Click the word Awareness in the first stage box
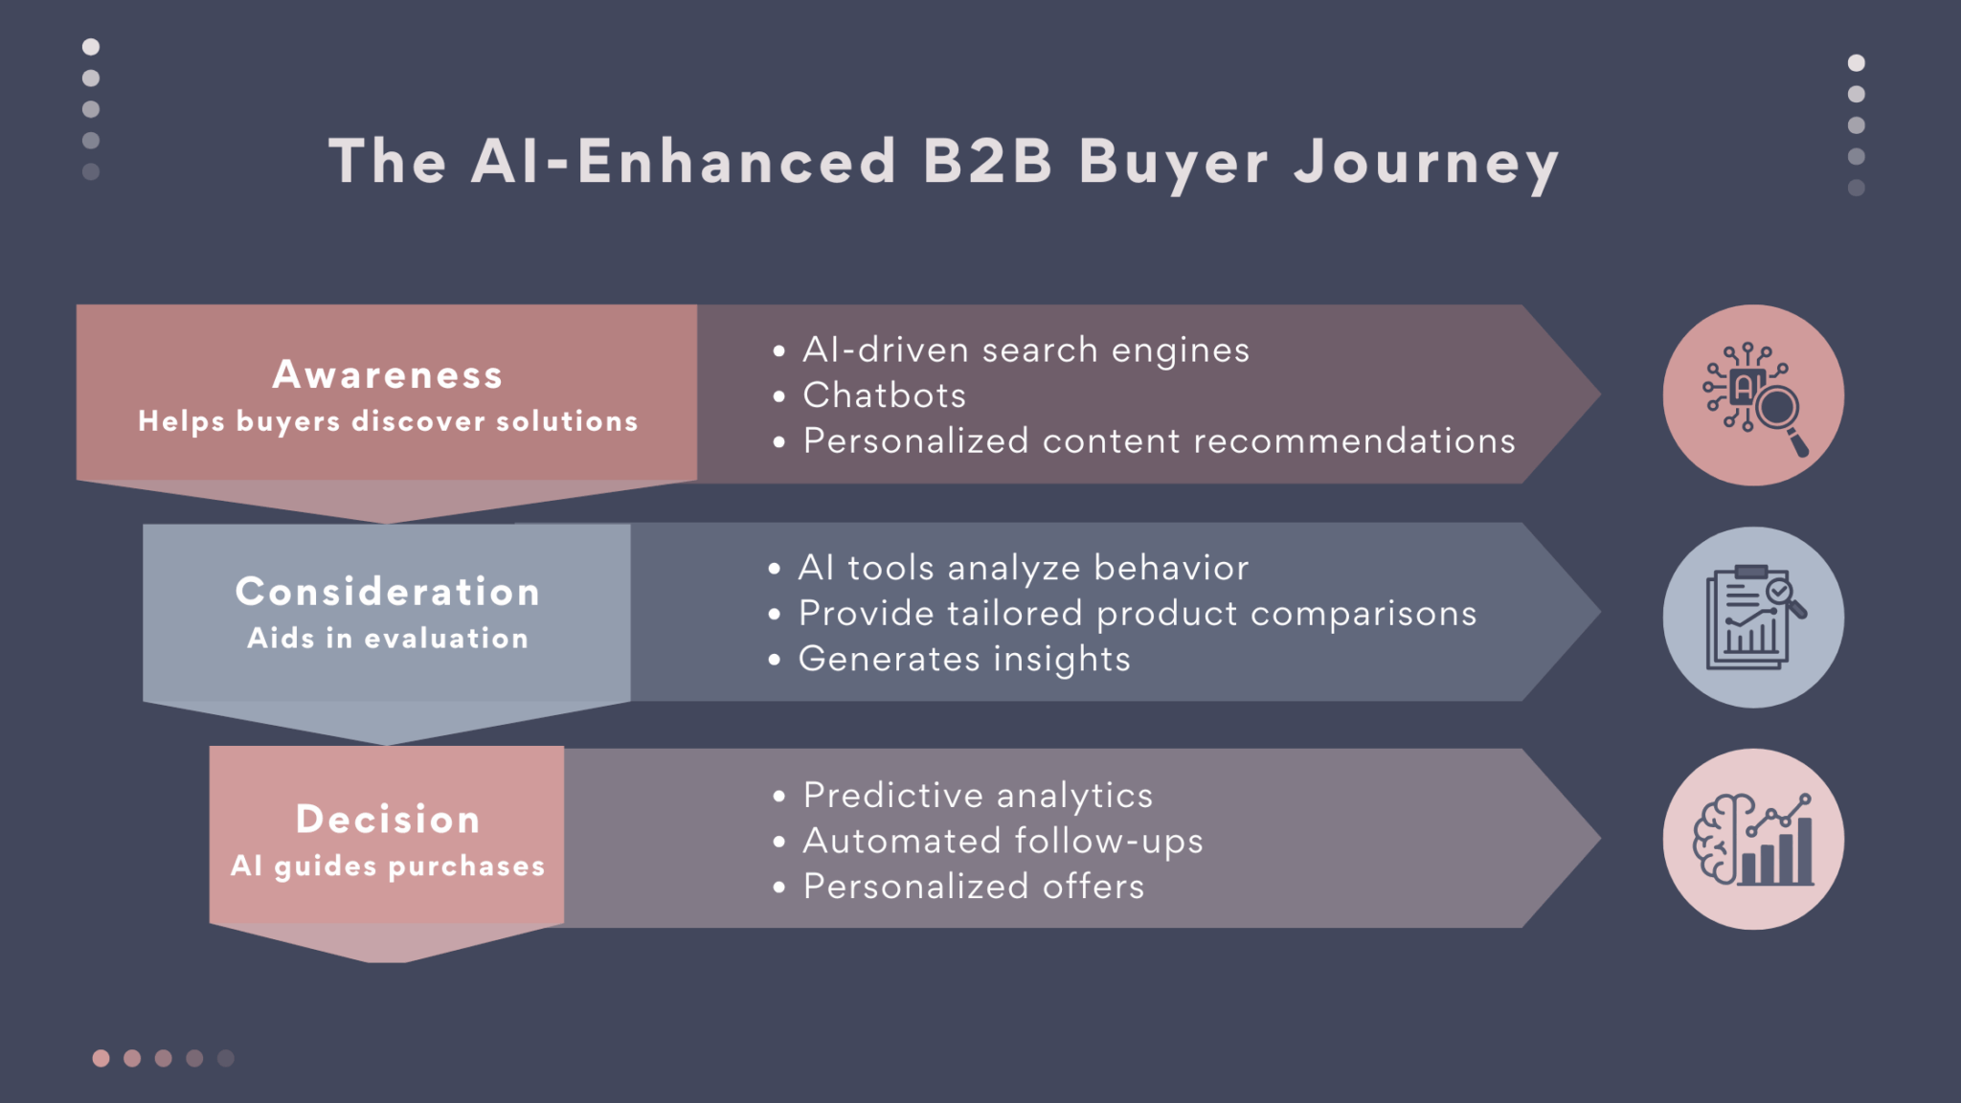(387, 374)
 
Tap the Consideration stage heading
(387, 592)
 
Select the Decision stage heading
(387, 819)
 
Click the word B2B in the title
(987, 161)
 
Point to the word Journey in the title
(1426, 163)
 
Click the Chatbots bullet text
(884, 395)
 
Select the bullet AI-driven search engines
(1026, 350)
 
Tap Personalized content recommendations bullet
(1159, 440)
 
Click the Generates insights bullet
(964, 659)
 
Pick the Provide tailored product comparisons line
(1138, 614)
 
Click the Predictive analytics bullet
(978, 796)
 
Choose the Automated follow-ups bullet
(1003, 841)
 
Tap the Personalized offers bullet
(973, 887)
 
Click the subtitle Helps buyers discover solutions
(387, 421)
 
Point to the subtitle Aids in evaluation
(387, 639)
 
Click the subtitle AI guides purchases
(387, 866)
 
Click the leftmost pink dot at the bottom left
(101, 1058)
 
